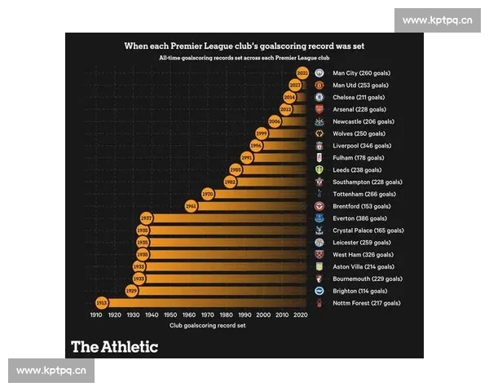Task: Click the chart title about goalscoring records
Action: click(x=244, y=46)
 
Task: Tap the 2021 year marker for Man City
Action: click(x=302, y=73)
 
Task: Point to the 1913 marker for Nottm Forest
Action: click(x=102, y=303)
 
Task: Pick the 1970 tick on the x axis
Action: click(x=208, y=314)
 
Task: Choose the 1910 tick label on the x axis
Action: click(x=96, y=314)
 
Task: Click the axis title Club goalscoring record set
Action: click(x=208, y=325)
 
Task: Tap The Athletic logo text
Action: click(x=114, y=346)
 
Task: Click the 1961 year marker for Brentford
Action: click(x=192, y=206)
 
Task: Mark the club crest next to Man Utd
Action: click(x=320, y=85)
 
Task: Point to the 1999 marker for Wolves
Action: click(x=262, y=134)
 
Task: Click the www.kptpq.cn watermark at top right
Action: click(x=437, y=20)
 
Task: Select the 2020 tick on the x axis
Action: click(x=301, y=314)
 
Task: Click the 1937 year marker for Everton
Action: click(x=147, y=218)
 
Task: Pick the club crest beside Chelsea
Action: click(x=320, y=97)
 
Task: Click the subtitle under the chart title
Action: click(x=244, y=59)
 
